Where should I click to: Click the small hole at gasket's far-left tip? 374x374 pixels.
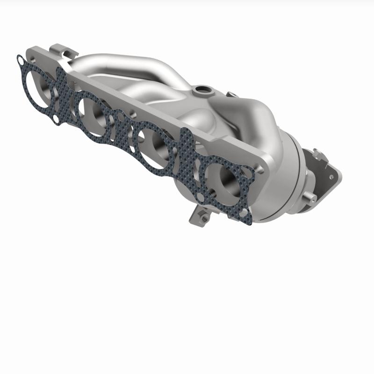point(20,59)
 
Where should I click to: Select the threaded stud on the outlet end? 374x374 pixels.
point(310,198)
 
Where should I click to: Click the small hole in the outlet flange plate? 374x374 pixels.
point(333,177)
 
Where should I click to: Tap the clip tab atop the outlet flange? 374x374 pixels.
point(318,153)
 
